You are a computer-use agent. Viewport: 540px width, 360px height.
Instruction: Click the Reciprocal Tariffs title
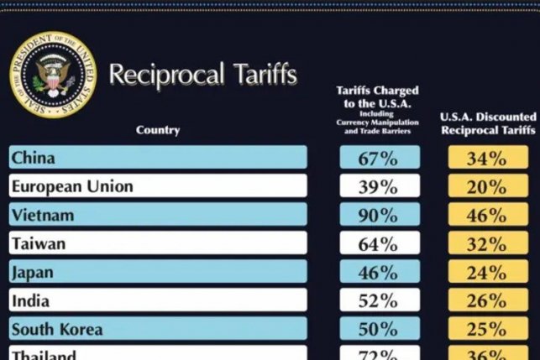[202, 75]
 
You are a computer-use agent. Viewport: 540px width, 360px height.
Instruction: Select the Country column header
[157, 130]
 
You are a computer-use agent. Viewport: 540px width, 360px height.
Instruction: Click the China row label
[157, 158]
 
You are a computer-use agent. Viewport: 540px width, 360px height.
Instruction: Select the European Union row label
[157, 186]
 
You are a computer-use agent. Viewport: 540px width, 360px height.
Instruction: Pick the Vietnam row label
[157, 215]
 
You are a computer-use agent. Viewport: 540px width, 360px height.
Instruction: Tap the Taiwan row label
[157, 243]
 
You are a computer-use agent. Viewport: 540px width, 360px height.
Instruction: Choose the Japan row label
[157, 272]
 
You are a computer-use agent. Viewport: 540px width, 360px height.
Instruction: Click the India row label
[157, 300]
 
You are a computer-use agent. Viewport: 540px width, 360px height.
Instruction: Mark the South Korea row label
[157, 329]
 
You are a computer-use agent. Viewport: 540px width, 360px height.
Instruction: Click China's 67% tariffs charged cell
[379, 158]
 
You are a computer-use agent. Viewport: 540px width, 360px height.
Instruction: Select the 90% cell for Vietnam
[379, 215]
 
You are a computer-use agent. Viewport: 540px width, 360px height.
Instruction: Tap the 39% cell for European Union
[379, 186]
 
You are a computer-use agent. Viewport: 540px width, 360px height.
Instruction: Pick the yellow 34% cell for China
[487, 158]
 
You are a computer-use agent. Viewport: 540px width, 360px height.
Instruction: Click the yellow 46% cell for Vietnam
[487, 215]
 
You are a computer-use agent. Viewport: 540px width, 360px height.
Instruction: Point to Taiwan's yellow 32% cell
[487, 243]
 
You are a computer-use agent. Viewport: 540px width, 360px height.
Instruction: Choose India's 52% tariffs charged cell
[379, 300]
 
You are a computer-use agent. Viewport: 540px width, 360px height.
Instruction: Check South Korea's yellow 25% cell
[487, 329]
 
